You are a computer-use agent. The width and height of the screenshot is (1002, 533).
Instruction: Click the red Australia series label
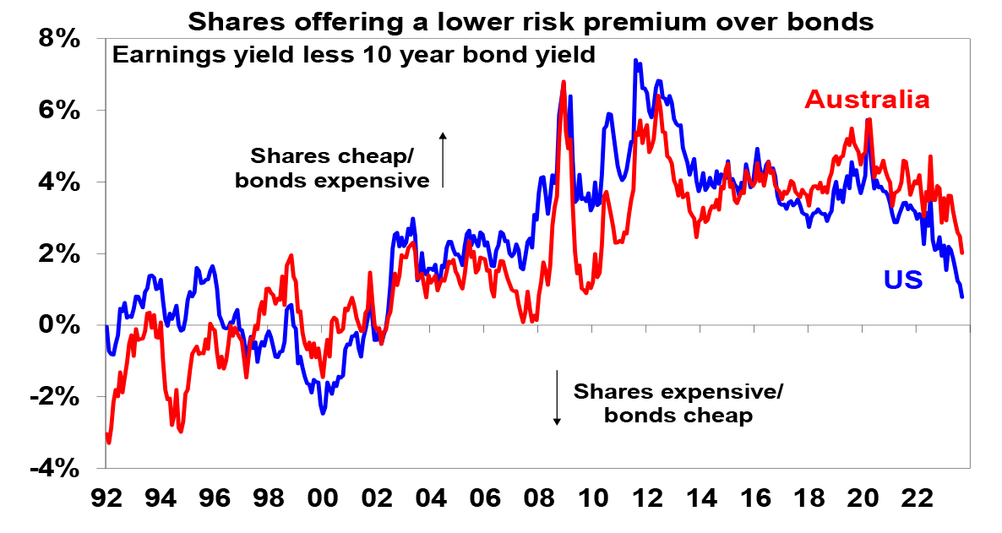pos(867,100)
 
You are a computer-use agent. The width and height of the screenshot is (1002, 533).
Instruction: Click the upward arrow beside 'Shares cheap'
pos(442,158)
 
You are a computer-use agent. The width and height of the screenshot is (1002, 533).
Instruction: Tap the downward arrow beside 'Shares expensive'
pos(558,397)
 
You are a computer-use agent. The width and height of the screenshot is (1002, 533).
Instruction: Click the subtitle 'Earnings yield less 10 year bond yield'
pos(354,56)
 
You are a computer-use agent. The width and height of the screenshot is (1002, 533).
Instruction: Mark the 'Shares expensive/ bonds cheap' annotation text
pos(678,404)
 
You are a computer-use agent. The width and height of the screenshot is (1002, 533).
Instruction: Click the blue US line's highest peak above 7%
pos(634,61)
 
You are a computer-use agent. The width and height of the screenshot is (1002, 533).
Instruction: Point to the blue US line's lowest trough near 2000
pos(323,413)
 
